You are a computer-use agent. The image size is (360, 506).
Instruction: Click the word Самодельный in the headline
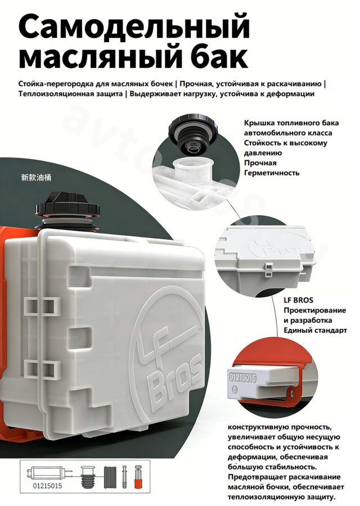134,27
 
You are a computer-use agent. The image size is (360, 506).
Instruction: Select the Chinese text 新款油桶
36,178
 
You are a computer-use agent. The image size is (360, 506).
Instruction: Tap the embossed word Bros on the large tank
176,381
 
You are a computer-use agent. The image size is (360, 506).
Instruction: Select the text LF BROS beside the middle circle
298,300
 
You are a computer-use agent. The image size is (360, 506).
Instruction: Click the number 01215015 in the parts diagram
47,486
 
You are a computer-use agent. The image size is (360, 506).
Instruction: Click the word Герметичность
272,173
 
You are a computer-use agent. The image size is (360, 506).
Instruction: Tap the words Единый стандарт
316,331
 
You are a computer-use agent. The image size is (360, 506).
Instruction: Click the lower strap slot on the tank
43,368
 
